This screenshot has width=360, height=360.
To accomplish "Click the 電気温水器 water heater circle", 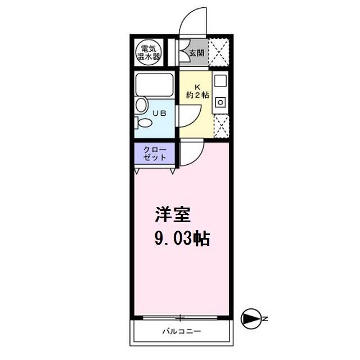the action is (x=149, y=52).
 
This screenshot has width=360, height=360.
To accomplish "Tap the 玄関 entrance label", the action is (x=197, y=53).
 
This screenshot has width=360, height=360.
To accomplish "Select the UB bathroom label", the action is (x=160, y=113).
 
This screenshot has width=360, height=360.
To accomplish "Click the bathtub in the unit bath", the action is (x=154, y=84).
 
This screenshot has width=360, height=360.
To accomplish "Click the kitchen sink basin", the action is (x=220, y=81).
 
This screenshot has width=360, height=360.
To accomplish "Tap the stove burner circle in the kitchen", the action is (x=220, y=102).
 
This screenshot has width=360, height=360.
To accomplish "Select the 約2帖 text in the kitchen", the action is (x=197, y=95).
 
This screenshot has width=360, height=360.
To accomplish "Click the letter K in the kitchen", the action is (x=197, y=87).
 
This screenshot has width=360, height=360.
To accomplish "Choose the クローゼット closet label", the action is (x=155, y=154).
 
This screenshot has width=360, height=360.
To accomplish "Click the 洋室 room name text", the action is (x=173, y=215).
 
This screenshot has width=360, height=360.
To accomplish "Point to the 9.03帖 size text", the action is (x=182, y=238).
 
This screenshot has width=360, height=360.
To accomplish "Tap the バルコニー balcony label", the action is (x=182, y=331).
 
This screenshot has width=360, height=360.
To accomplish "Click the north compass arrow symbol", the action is (x=251, y=319).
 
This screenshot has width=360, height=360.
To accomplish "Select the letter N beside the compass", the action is (x=265, y=319).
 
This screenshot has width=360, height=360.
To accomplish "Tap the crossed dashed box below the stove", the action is (x=222, y=126).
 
